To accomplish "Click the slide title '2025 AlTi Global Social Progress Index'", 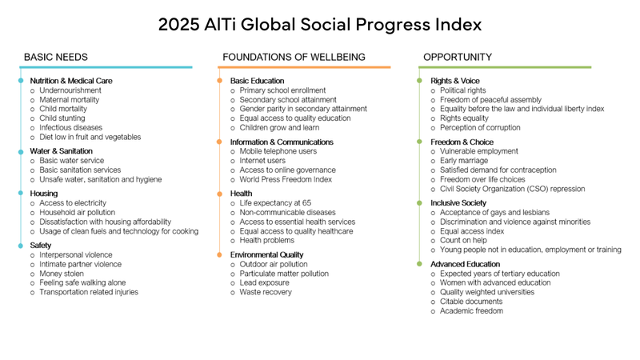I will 320,25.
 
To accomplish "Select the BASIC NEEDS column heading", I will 56,58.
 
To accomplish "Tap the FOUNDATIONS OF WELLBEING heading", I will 294,58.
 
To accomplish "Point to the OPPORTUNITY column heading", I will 458,58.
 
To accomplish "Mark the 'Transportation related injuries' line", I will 89,292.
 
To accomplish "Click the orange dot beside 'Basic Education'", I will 219,82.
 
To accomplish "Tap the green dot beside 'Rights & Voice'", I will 420,82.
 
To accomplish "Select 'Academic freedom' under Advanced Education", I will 472,310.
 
